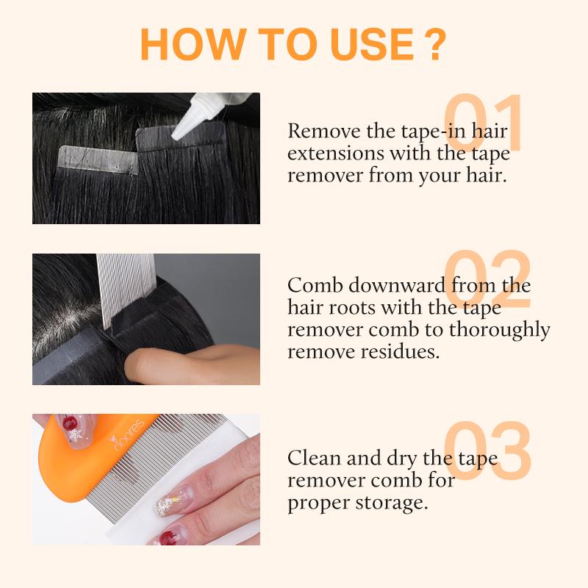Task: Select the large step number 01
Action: (483, 122)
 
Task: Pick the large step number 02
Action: (487, 279)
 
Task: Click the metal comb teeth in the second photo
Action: (125, 289)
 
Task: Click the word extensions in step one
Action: (336, 154)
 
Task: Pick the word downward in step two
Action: (397, 285)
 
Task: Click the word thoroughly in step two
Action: (500, 331)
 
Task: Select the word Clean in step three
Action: (315, 458)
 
